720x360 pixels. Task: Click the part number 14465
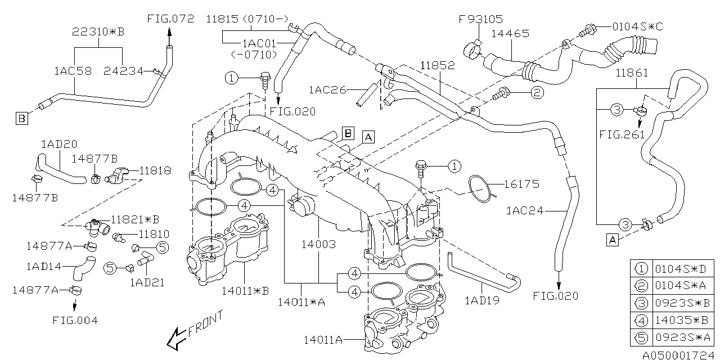[510, 33]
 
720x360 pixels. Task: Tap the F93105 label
[480, 19]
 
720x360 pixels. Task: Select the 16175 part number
[521, 184]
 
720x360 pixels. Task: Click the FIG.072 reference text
[170, 19]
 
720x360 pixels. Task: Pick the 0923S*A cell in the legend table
[683, 337]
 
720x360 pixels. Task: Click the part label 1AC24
[525, 211]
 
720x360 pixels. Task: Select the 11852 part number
[438, 66]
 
